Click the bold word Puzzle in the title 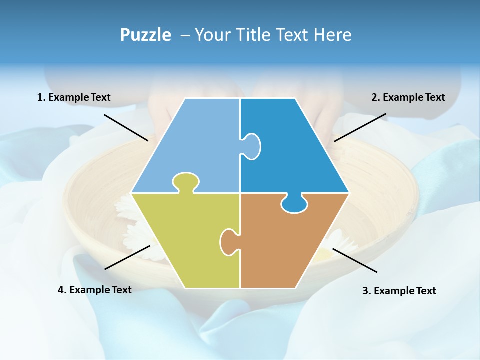click(145, 35)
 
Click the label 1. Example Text click(74, 97)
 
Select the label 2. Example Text click(408, 97)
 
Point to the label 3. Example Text click(399, 291)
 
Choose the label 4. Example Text click(95, 290)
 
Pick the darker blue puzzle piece click(295, 145)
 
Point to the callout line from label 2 click(360, 127)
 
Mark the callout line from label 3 click(355, 260)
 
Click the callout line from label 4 click(127, 257)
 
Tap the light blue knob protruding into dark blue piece click(252, 146)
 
